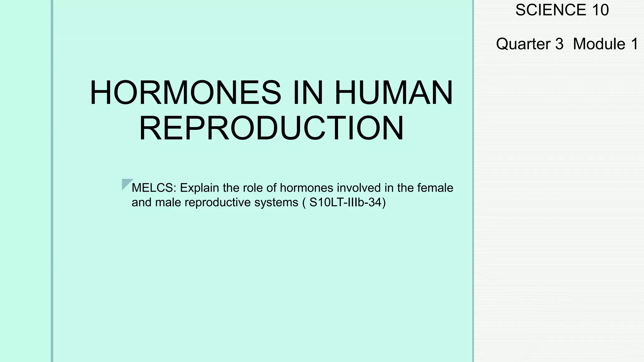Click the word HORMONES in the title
coord(186,93)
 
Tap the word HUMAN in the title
coord(394,93)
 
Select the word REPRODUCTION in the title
coord(271,129)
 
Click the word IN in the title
coord(308,93)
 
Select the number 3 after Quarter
coord(559,44)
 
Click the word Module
coord(599,44)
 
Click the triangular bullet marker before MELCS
coord(126,184)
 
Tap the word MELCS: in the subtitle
coord(154,188)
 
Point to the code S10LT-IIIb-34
coord(345,202)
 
